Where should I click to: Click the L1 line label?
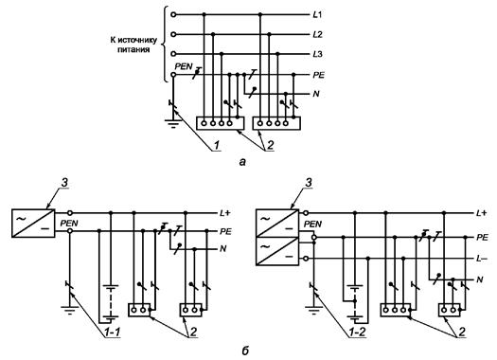[x=317, y=15]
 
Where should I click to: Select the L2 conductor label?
[x=317, y=34]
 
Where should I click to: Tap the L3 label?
[x=317, y=54]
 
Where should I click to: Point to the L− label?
[x=482, y=259]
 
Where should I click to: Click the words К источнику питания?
[x=133, y=45]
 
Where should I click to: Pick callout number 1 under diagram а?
[x=216, y=146]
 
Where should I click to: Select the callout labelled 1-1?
[x=112, y=333]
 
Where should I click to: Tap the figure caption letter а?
[x=242, y=162]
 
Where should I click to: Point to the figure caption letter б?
[x=245, y=351]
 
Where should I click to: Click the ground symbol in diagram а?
[x=173, y=123]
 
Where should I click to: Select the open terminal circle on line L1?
[x=173, y=14]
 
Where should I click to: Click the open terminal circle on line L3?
[x=173, y=54]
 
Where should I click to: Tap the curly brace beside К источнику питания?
[x=164, y=44]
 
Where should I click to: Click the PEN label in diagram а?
[x=184, y=66]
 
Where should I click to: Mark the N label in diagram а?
[x=315, y=94]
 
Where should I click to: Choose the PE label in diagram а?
[x=318, y=75]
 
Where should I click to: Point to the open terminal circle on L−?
[x=306, y=259]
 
